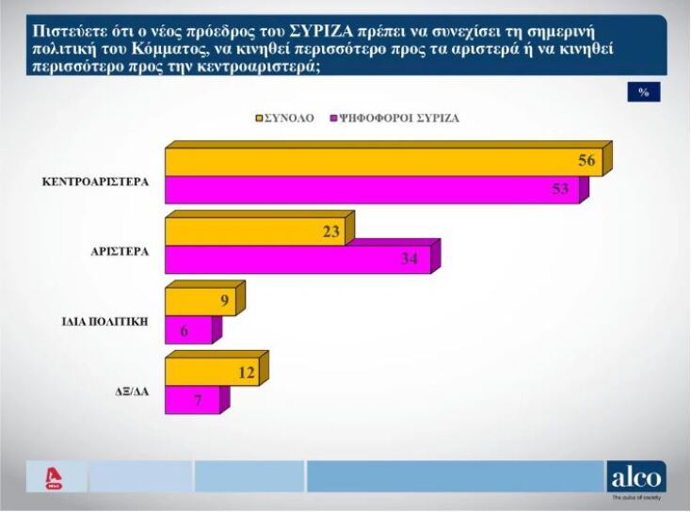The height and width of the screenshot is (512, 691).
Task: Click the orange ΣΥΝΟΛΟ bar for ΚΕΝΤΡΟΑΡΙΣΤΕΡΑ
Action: (377, 162)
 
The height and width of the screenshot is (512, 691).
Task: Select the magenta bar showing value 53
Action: (372, 189)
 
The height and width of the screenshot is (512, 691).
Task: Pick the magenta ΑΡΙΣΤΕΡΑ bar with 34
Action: (297, 259)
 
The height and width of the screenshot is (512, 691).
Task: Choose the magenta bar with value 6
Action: (188, 329)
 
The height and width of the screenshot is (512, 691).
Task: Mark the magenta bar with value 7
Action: (192, 400)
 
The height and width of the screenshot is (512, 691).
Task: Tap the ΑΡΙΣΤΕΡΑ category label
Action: (120, 252)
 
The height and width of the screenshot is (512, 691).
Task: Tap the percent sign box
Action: (643, 91)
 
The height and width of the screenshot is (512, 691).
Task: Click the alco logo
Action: (636, 476)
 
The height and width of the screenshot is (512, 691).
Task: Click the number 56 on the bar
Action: (586, 161)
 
